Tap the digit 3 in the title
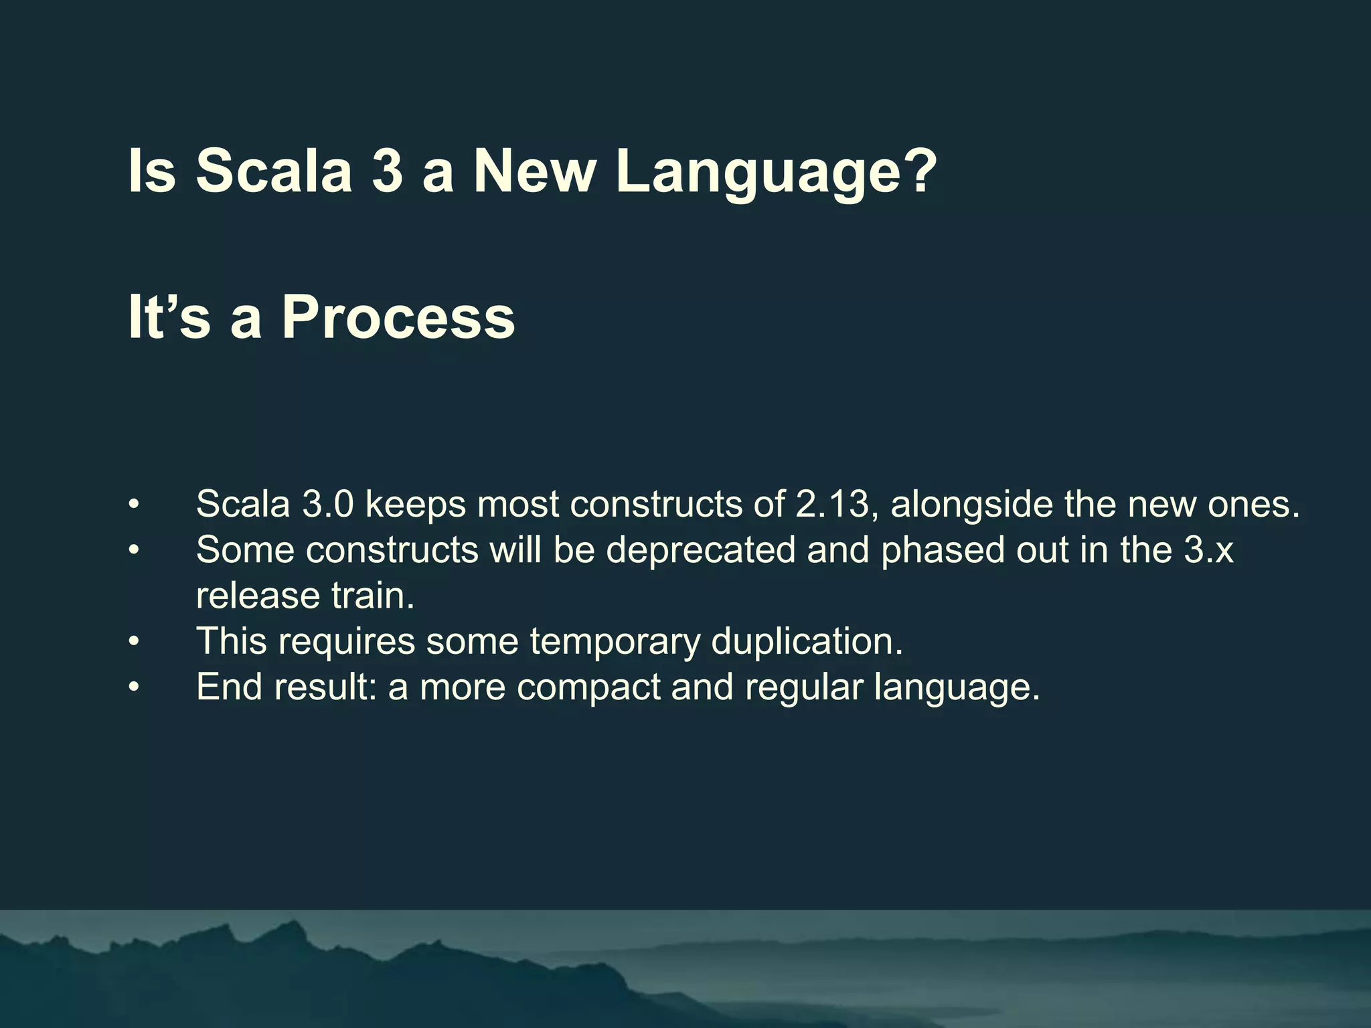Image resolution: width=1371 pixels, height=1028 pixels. point(387,171)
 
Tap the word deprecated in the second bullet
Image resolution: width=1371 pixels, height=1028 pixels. point(701,550)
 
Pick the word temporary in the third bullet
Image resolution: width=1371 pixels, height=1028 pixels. point(615,642)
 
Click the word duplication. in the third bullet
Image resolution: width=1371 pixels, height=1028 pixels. point(807,642)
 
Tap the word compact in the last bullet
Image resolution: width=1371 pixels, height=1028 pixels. point(588,687)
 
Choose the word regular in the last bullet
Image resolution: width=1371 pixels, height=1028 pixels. point(803,687)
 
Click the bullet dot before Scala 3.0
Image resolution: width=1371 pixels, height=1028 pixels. point(135,504)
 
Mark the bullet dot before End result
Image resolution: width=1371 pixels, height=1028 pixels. point(135,687)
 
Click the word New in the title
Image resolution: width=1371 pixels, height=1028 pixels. point(534,171)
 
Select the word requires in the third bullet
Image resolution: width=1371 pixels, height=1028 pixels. point(346,642)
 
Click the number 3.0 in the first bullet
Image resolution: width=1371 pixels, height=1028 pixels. point(327,504)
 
